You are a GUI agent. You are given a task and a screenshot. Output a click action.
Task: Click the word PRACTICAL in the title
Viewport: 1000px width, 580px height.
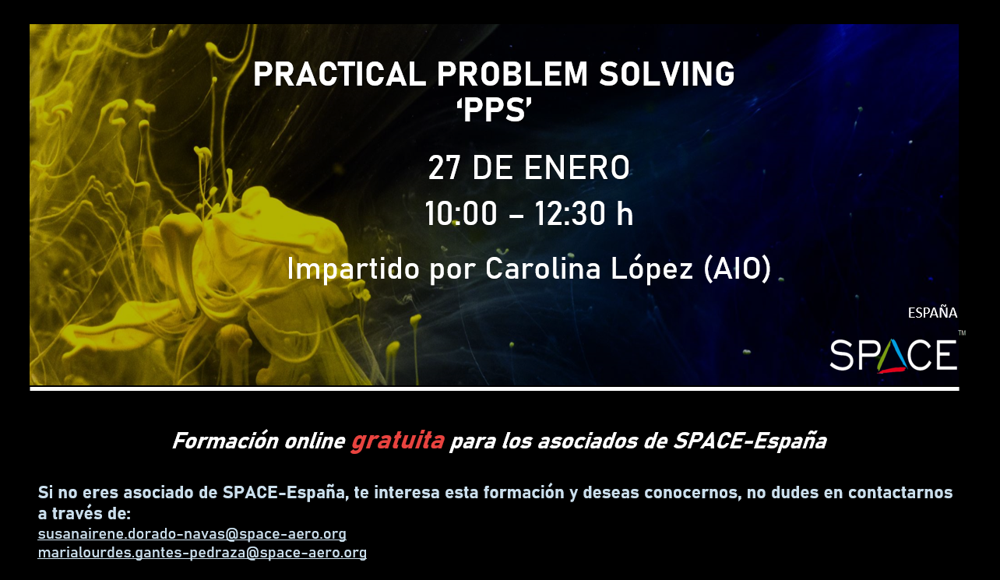click(x=340, y=74)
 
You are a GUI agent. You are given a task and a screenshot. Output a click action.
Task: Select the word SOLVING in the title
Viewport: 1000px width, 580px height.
click(x=667, y=74)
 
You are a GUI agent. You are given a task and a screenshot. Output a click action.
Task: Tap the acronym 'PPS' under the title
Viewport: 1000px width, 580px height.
click(x=494, y=111)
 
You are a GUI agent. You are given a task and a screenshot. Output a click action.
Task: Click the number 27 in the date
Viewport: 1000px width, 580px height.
click(x=444, y=167)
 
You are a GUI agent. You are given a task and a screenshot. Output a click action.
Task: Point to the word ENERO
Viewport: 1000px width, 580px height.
click(x=576, y=167)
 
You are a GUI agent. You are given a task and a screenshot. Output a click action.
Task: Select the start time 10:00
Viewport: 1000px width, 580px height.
click(x=461, y=214)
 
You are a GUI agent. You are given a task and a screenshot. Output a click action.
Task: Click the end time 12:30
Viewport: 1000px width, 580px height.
click(x=570, y=214)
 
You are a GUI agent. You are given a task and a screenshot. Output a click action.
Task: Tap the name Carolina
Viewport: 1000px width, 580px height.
click(x=543, y=269)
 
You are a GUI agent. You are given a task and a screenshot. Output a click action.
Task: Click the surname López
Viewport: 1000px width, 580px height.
click(x=652, y=269)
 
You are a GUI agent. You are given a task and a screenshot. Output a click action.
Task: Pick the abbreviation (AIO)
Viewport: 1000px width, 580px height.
click(x=737, y=269)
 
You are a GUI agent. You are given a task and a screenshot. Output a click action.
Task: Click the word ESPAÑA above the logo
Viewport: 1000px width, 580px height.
click(x=932, y=313)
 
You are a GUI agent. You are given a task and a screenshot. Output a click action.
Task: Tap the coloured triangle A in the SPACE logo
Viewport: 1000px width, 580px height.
click(x=892, y=357)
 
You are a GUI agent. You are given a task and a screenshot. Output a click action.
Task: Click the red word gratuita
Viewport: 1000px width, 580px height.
click(x=397, y=441)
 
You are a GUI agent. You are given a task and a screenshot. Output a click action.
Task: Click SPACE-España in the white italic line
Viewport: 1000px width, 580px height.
click(x=750, y=441)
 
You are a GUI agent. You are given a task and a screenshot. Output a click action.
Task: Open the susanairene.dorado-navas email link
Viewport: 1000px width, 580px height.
click(x=192, y=533)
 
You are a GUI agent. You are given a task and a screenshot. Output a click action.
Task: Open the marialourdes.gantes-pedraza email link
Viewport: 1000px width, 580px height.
click(x=202, y=552)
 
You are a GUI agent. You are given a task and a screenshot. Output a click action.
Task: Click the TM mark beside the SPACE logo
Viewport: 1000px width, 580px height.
click(x=962, y=332)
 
